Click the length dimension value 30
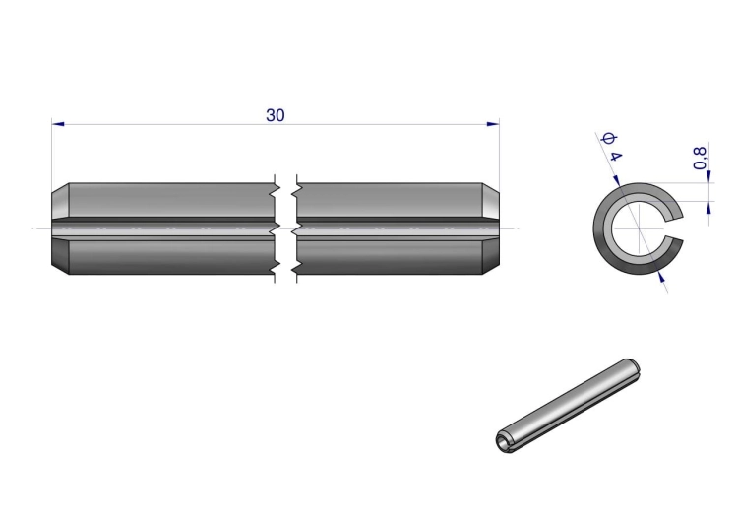(x=276, y=115)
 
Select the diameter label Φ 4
(x=612, y=147)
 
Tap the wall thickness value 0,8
(x=700, y=158)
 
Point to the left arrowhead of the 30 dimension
(x=58, y=124)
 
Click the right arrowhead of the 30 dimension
(x=493, y=124)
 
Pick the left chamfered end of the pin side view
(x=61, y=228)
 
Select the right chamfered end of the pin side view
(x=490, y=228)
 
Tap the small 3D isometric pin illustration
(x=568, y=406)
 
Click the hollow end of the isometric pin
(x=504, y=441)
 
